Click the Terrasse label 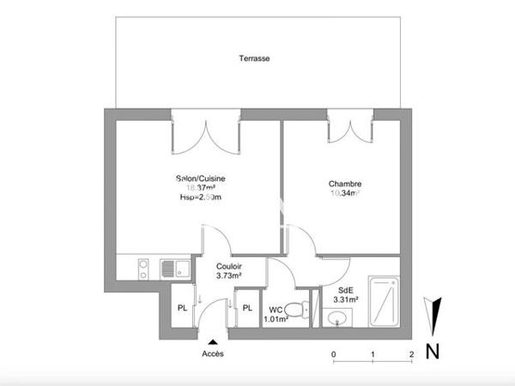coord(255,59)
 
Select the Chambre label coord(344,184)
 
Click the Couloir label coord(228,267)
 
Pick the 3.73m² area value coord(228,276)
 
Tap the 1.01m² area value coord(275,320)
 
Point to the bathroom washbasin coord(336,320)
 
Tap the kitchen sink coord(170,269)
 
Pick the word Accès coord(212,353)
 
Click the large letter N coord(433,350)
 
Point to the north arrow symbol coord(435,316)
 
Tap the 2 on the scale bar coord(412,353)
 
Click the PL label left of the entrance coord(183,308)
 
